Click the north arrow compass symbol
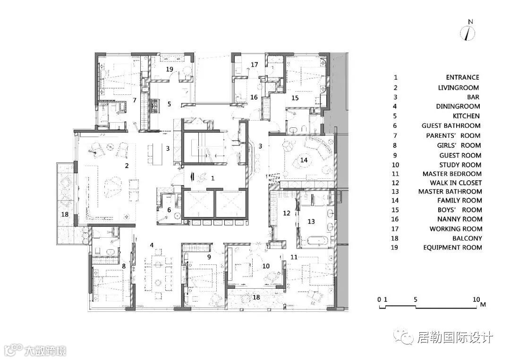(x=467, y=33)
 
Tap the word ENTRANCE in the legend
(x=462, y=77)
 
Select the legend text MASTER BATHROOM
(x=450, y=192)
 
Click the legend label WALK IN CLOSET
(x=456, y=183)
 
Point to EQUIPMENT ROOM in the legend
(x=452, y=248)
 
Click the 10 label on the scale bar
(x=476, y=300)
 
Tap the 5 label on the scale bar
(x=416, y=300)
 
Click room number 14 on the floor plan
(x=304, y=160)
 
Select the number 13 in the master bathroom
(x=311, y=221)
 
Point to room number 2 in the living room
(x=127, y=166)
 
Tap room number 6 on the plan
(x=169, y=210)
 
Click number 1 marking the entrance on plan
(x=212, y=178)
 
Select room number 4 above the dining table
(x=152, y=245)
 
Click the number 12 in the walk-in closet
(x=287, y=213)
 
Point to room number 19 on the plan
(x=170, y=69)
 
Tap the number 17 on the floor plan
(x=255, y=65)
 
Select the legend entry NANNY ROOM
(x=459, y=219)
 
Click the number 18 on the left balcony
(x=65, y=214)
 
